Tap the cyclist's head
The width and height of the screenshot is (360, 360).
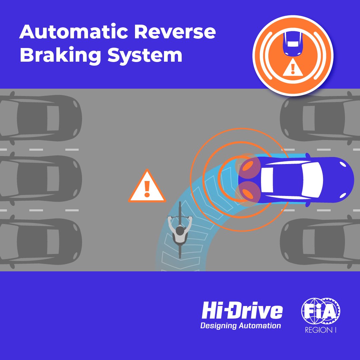(180, 230)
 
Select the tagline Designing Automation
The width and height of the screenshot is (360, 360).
(241, 326)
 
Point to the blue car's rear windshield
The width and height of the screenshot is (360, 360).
(267, 180)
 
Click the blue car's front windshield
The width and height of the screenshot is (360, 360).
(313, 180)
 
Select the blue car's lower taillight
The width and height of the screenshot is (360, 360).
(247, 193)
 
